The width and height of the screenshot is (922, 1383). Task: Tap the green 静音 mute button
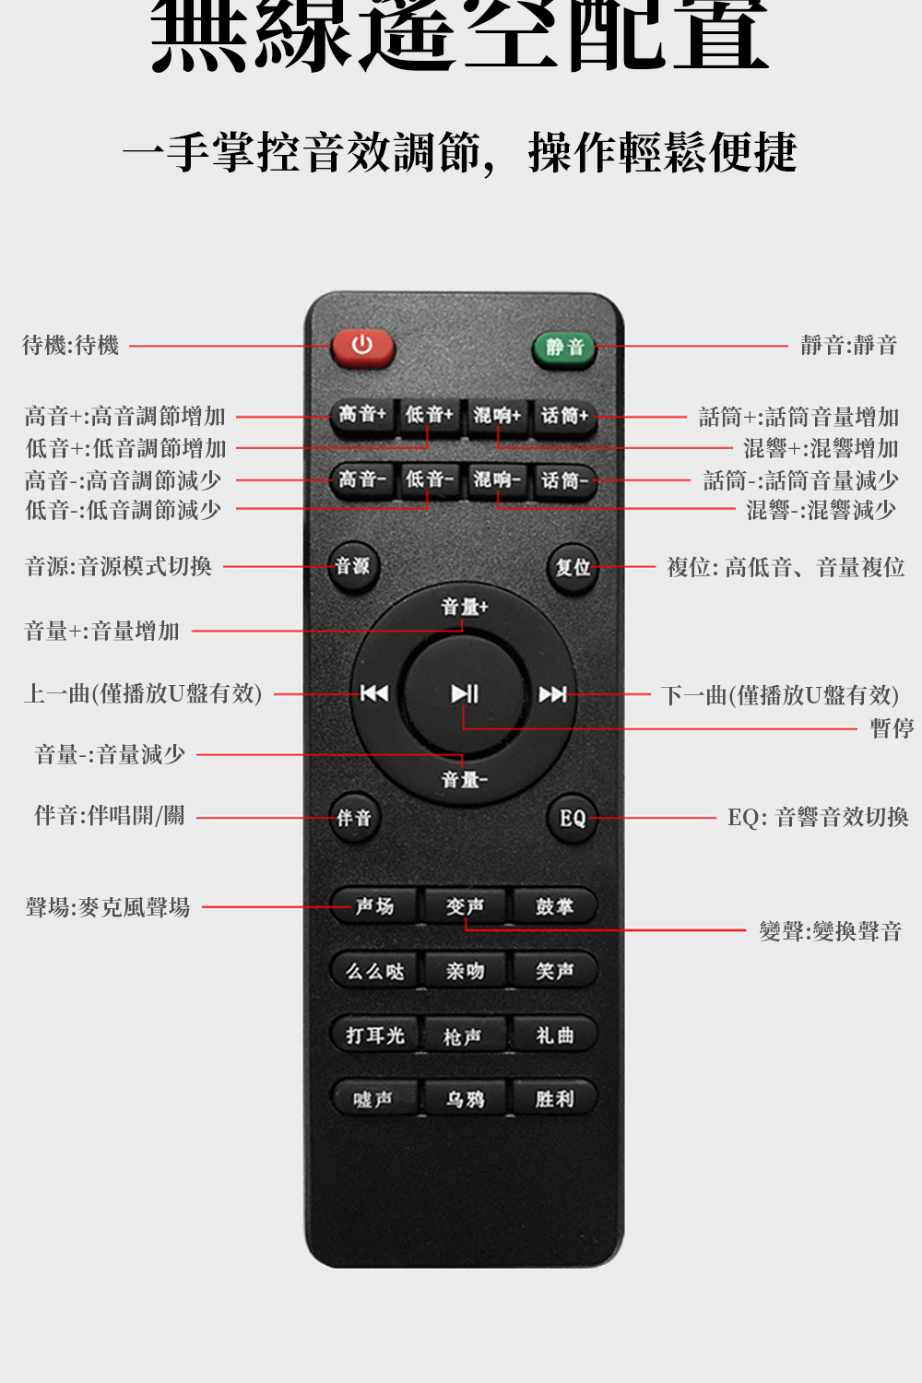564,348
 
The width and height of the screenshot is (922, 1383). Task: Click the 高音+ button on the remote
362,415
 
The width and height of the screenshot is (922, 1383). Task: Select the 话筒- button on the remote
564,480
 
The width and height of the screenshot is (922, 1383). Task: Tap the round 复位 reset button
573,568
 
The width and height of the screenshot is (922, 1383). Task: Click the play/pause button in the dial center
465,693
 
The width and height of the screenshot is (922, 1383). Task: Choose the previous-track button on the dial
373,693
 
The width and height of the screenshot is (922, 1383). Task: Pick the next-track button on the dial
553,694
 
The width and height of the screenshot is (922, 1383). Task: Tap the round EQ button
573,818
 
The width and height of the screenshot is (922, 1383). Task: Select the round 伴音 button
354,818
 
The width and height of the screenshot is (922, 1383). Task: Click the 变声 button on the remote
465,907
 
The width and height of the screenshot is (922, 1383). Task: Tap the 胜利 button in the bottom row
555,1099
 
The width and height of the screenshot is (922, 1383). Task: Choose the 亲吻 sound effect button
465,971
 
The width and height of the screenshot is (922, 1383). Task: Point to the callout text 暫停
892,728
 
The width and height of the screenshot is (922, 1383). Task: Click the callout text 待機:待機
71,346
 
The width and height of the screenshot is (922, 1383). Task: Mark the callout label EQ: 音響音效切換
818,818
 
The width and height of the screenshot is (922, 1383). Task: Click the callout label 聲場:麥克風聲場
108,907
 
